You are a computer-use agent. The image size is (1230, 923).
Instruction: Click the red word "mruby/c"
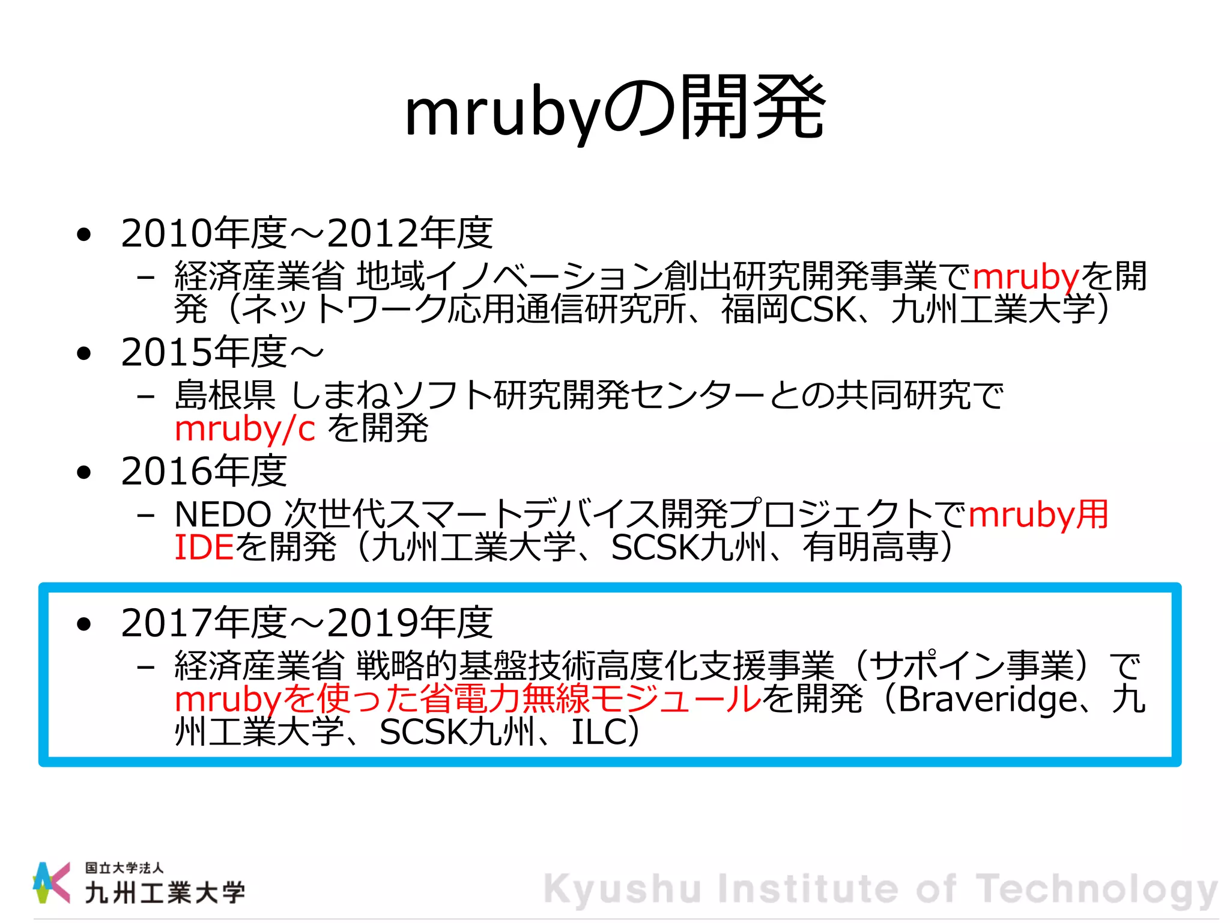(x=244, y=429)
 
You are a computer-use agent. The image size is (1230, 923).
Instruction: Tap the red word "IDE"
(x=204, y=547)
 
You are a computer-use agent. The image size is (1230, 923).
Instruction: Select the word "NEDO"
(x=223, y=515)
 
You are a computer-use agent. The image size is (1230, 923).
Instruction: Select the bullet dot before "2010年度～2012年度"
(x=85, y=234)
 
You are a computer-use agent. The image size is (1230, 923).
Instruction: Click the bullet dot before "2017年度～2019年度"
(x=85, y=624)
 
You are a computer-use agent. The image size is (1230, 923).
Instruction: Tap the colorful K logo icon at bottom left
(x=50, y=882)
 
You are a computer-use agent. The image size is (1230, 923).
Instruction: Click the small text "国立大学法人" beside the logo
(x=124, y=868)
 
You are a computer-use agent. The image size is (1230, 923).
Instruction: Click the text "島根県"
(x=225, y=395)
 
